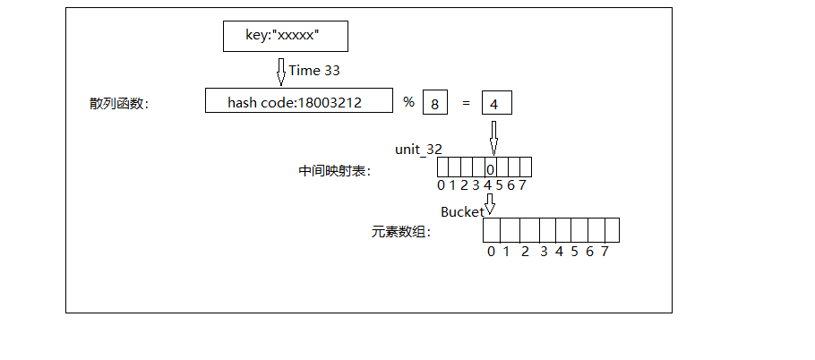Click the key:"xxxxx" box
pyautogui.click(x=285, y=36)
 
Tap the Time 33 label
pyautogui.click(x=314, y=70)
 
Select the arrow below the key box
pyautogui.click(x=280, y=71)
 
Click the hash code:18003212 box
pyautogui.click(x=299, y=102)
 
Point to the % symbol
pyautogui.click(x=408, y=102)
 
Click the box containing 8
pyautogui.click(x=434, y=103)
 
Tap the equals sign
pyautogui.click(x=466, y=103)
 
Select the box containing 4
pyautogui.click(x=495, y=103)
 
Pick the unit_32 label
pyautogui.click(x=419, y=149)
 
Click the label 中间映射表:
pyautogui.click(x=334, y=170)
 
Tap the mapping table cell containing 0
pyautogui.click(x=490, y=167)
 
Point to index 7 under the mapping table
pyautogui.click(x=521, y=185)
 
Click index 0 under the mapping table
pyautogui.click(x=441, y=185)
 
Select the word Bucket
pyautogui.click(x=461, y=212)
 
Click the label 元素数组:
pyautogui.click(x=401, y=232)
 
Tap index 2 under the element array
pyautogui.click(x=525, y=252)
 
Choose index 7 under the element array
pyautogui.click(x=605, y=252)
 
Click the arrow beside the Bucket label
pyautogui.click(x=489, y=205)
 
